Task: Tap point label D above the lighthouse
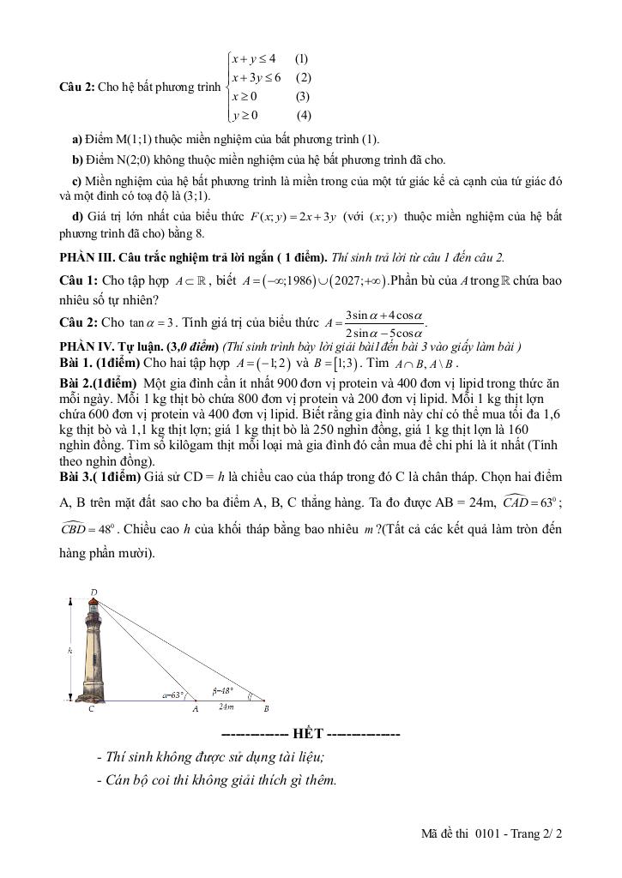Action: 94,591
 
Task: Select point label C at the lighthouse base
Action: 91,708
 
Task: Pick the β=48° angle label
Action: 223,689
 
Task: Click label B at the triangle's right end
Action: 266,709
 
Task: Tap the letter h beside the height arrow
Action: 68,652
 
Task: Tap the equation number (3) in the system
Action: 302,96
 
